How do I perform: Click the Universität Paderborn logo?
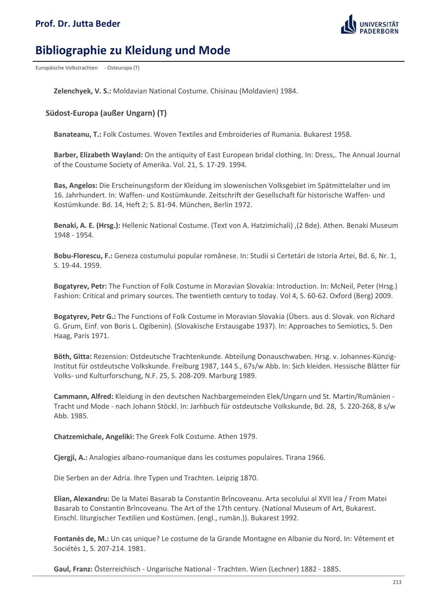(x=369, y=24)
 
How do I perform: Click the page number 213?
(x=397, y=582)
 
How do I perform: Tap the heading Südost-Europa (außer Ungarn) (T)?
(x=106, y=113)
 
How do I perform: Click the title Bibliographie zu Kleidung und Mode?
(x=133, y=51)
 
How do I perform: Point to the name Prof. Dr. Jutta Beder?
(x=78, y=24)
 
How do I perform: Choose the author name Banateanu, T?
(x=77, y=134)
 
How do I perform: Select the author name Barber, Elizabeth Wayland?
(x=98, y=155)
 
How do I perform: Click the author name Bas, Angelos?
(x=76, y=185)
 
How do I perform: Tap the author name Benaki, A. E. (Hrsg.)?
(x=87, y=225)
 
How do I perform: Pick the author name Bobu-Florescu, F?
(x=83, y=256)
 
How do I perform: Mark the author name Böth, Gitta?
(x=73, y=356)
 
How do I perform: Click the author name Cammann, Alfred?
(x=83, y=396)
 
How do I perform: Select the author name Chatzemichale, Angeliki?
(x=94, y=436)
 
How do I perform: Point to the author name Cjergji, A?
(x=70, y=457)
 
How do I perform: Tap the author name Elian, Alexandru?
(x=82, y=498)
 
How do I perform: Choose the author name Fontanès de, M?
(x=81, y=538)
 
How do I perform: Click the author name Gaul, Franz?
(x=73, y=569)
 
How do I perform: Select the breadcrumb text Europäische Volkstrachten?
(x=66, y=68)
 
